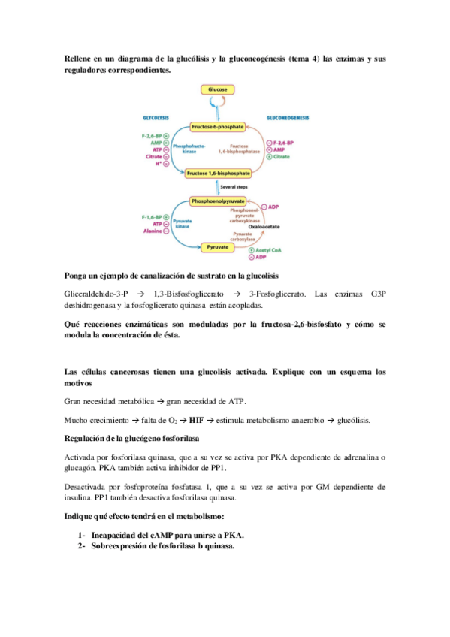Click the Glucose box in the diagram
click(217, 89)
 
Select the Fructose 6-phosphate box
click(216, 127)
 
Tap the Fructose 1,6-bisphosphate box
click(216, 173)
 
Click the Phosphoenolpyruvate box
click(216, 202)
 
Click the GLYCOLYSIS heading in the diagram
click(156, 118)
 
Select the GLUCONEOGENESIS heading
click(287, 118)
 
